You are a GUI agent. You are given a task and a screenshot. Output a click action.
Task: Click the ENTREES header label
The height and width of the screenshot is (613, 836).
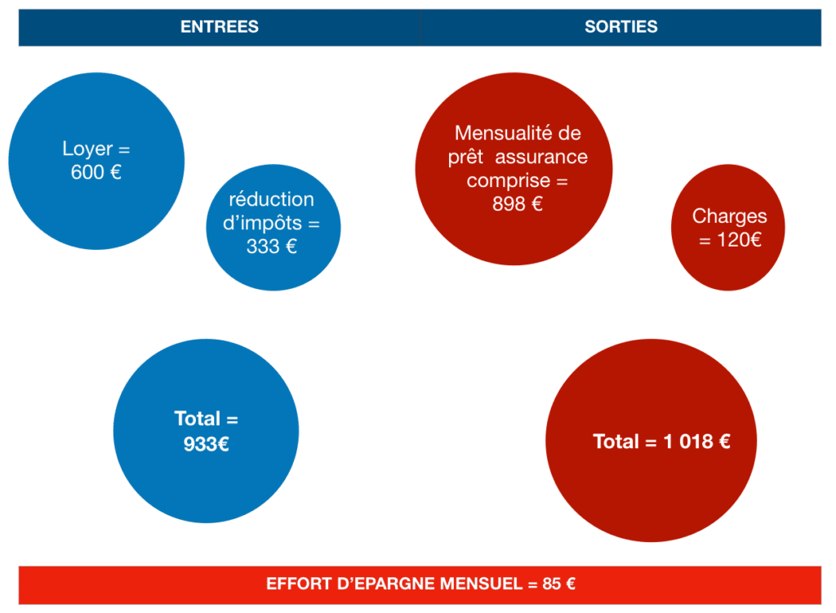pos(219,27)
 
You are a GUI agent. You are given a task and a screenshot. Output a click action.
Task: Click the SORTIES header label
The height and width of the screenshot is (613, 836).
pos(620,27)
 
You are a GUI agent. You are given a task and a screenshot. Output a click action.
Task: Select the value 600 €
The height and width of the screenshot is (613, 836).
pos(96,172)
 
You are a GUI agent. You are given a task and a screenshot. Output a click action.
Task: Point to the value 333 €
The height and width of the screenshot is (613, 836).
pos(271,246)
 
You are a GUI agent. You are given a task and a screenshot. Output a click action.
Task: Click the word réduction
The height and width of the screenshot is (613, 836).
pos(271,199)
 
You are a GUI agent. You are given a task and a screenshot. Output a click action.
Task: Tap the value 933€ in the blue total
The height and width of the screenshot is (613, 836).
pos(206,445)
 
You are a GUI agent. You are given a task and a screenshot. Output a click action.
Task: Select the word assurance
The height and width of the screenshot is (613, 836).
pos(541,157)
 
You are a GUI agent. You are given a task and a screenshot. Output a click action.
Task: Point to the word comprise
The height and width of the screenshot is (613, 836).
pos(509,180)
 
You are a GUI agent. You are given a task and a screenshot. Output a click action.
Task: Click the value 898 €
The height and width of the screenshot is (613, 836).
pos(517,204)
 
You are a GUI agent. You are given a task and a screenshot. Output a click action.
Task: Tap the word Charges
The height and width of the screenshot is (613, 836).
pos(729,216)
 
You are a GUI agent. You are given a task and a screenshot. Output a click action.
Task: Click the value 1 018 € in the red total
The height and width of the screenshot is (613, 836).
pos(695,442)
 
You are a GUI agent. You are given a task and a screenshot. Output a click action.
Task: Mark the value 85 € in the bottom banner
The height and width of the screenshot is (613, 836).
pos(558,584)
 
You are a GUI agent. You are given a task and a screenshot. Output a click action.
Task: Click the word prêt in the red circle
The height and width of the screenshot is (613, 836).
pos(467,157)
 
